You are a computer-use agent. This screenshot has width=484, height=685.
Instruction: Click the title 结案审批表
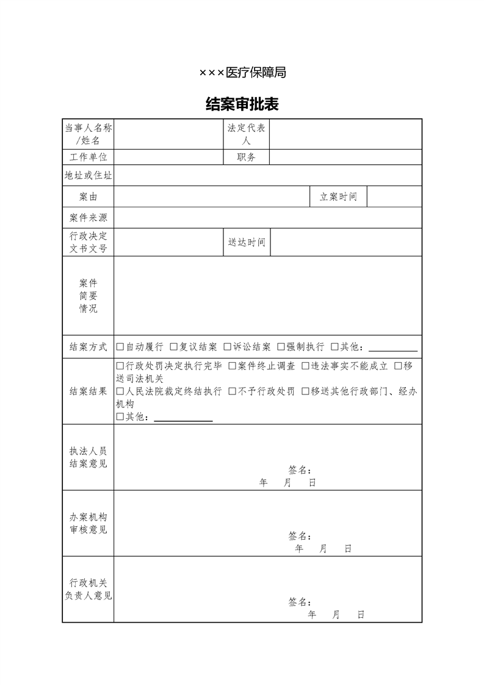242,104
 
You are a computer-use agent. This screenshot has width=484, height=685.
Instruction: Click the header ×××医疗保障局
242,73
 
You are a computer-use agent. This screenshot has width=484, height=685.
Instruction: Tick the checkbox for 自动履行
120,347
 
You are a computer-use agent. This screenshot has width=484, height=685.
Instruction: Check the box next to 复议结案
174,347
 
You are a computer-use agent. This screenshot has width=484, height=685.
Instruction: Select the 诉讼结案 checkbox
228,347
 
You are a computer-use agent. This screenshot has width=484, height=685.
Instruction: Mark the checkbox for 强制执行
281,347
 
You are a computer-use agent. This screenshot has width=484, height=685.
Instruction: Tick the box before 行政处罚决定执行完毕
120,366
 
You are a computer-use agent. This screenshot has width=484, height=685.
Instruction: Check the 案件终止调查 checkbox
233,366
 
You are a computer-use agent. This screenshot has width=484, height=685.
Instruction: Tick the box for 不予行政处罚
233,391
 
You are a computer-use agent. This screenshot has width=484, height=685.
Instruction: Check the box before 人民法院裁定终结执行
120,391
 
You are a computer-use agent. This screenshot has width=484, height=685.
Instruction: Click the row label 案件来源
88,218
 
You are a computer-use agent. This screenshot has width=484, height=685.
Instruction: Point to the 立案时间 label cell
338,197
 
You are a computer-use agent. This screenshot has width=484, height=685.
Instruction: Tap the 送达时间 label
247,242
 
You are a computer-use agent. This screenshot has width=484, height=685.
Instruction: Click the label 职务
247,157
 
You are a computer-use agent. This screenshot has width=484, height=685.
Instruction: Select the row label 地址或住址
88,176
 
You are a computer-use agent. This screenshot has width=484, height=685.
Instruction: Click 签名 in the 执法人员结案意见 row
300,471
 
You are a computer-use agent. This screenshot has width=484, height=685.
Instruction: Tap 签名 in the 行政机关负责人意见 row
300,602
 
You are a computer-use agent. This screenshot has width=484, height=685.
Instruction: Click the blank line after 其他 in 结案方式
393,349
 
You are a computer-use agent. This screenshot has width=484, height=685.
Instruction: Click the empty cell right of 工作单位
168,157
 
